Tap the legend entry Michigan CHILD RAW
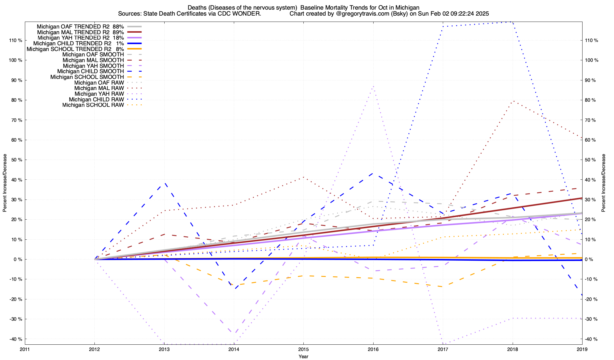point(96,99)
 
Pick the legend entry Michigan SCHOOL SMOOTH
point(87,77)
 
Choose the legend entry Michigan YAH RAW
point(99,94)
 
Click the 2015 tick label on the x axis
point(303,349)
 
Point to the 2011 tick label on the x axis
point(25,349)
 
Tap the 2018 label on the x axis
point(512,349)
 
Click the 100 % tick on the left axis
point(16,60)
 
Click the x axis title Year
point(303,356)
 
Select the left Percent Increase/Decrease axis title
point(5,183)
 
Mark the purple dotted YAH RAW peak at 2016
point(373,86)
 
